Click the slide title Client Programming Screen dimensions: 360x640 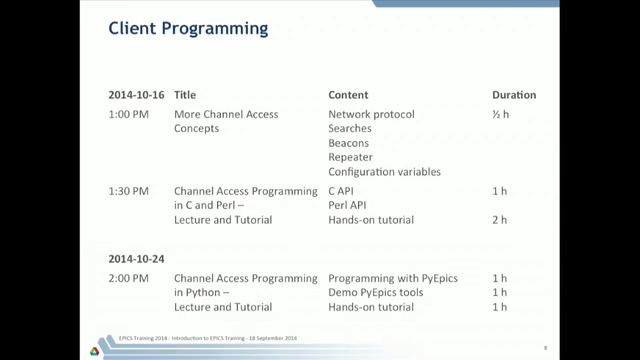pyautogui.click(x=187, y=29)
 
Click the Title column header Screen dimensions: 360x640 pyautogui.click(x=185, y=95)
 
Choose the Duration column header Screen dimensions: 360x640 pyautogui.click(x=514, y=95)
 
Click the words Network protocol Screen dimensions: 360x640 pyautogui.click(x=371, y=114)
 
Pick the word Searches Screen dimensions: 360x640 pyautogui.click(x=350, y=129)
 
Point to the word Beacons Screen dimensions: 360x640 pyautogui.click(x=349, y=143)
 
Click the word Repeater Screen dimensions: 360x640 pyautogui.click(x=350, y=157)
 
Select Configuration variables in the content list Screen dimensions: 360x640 pyautogui.click(x=384, y=172)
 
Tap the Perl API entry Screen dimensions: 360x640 pyautogui.click(x=348, y=205)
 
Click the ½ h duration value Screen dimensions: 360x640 pyautogui.click(x=501, y=114)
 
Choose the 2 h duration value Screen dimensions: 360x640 pyautogui.click(x=501, y=220)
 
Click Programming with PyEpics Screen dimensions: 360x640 pyautogui.click(x=393, y=277)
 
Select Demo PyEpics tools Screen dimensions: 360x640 pyautogui.click(x=376, y=292)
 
